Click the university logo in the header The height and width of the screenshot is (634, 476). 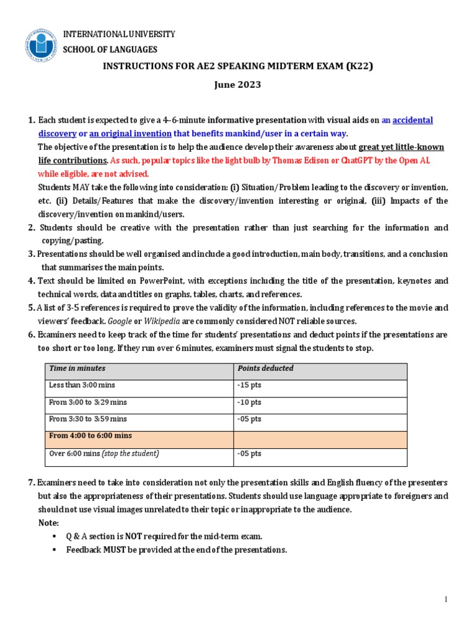pyautogui.click(x=41, y=45)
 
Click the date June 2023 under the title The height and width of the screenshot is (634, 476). pyautogui.click(x=237, y=85)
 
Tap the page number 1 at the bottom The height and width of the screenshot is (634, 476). pyautogui.click(x=445, y=599)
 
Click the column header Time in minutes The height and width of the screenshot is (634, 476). pyautogui.click(x=77, y=368)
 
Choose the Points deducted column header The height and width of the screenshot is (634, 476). pyautogui.click(x=266, y=368)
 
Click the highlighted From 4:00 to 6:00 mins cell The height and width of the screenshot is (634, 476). pyautogui.click(x=90, y=436)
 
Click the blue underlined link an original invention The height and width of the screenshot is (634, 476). pyautogui.click(x=130, y=134)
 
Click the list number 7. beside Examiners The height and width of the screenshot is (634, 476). pyautogui.click(x=32, y=482)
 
